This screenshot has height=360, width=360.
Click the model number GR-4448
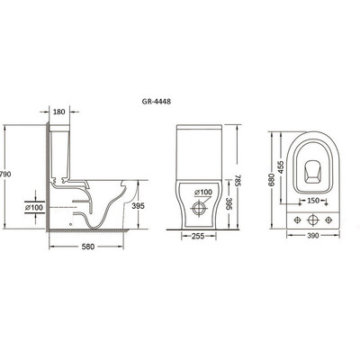coord(157,102)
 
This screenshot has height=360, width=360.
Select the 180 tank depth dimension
coord(59,112)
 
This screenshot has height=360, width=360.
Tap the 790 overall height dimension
coord(5,174)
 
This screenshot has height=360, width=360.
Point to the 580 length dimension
coord(88,247)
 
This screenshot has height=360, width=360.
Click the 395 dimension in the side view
coord(139,206)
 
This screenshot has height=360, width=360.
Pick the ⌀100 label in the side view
coord(34,207)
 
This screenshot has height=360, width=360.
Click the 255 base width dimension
coord(198,237)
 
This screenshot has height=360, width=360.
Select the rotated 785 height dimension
coord(238,180)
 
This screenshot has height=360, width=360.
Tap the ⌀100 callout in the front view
coord(203,193)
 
